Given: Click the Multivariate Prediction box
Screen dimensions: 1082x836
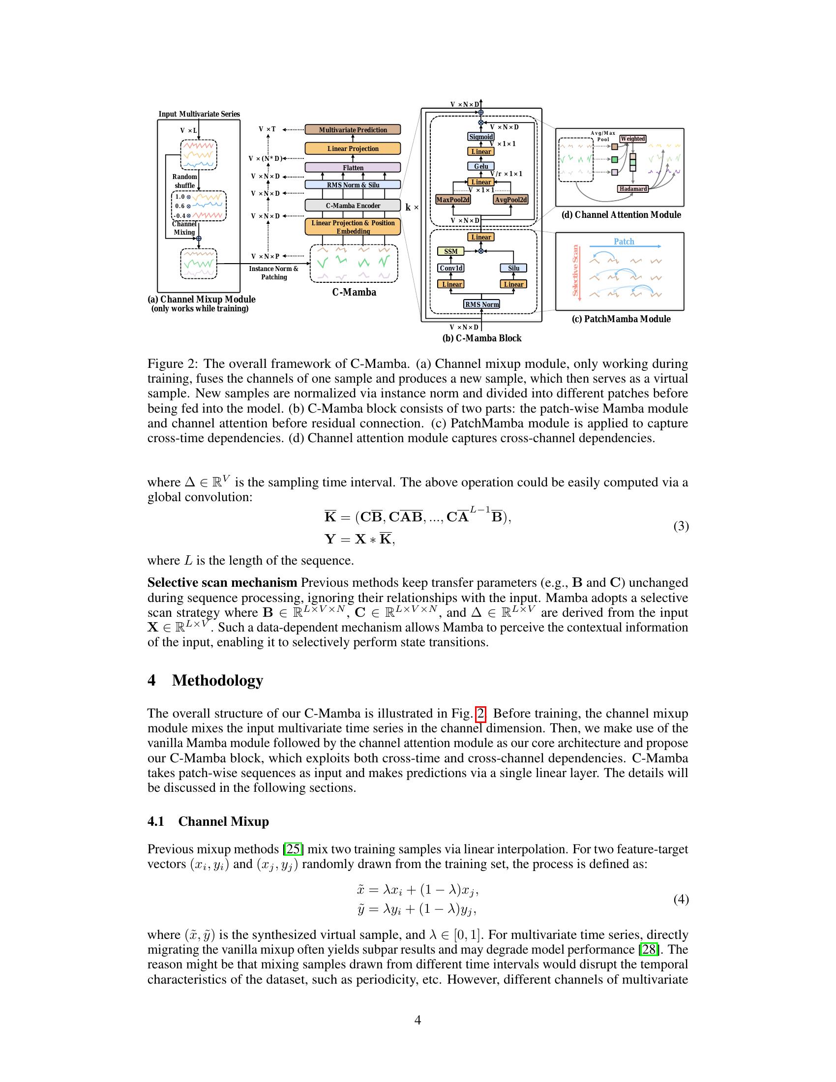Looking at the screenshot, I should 353,130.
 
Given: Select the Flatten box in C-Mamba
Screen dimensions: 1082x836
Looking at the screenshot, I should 353,167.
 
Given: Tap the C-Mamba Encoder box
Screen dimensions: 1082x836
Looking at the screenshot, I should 353,205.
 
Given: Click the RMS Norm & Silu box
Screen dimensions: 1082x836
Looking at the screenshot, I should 353,184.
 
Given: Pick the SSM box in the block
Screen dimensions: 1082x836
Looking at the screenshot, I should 450,251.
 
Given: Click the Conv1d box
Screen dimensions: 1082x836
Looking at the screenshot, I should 451,268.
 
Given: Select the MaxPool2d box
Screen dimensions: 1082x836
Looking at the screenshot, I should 452,199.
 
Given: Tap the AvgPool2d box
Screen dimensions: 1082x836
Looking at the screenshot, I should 510,199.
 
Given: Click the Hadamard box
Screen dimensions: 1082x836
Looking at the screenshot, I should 633,189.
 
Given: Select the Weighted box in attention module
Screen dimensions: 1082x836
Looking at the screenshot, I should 632,139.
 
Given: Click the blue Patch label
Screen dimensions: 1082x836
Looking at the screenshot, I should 624,241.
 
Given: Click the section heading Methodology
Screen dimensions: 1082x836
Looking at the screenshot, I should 217,680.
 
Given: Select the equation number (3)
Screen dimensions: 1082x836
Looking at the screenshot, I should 681,526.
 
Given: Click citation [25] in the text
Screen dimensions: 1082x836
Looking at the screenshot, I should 293,849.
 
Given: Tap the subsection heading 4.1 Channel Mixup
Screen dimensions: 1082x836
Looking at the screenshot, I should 208,821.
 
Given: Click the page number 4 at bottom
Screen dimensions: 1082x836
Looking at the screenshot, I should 418,1020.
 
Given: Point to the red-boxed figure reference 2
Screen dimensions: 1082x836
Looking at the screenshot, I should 480,714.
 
